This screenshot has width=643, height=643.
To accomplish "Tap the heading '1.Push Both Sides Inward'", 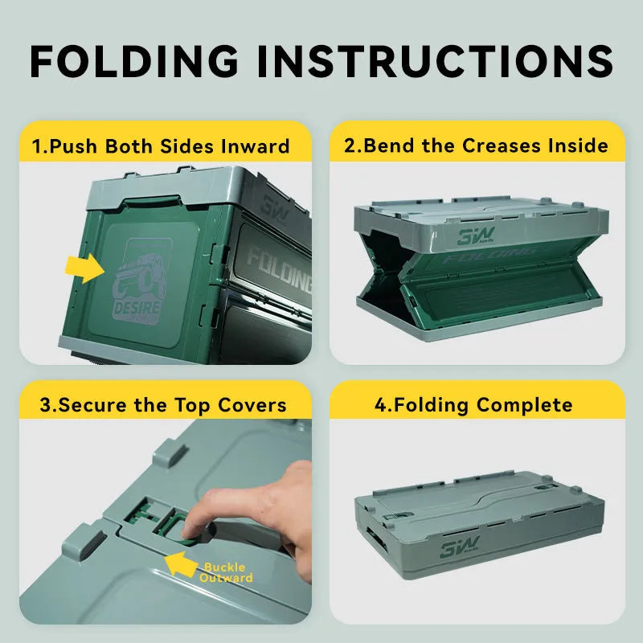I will pyautogui.click(x=161, y=146).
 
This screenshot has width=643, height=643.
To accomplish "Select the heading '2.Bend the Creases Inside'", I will pyautogui.click(x=477, y=145).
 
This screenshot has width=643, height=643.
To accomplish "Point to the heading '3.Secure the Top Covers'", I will pyautogui.click(x=162, y=404).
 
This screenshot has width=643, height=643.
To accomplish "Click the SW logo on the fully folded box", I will pyautogui.click(x=459, y=549).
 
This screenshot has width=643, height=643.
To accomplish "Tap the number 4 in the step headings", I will pyautogui.click(x=380, y=404).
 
